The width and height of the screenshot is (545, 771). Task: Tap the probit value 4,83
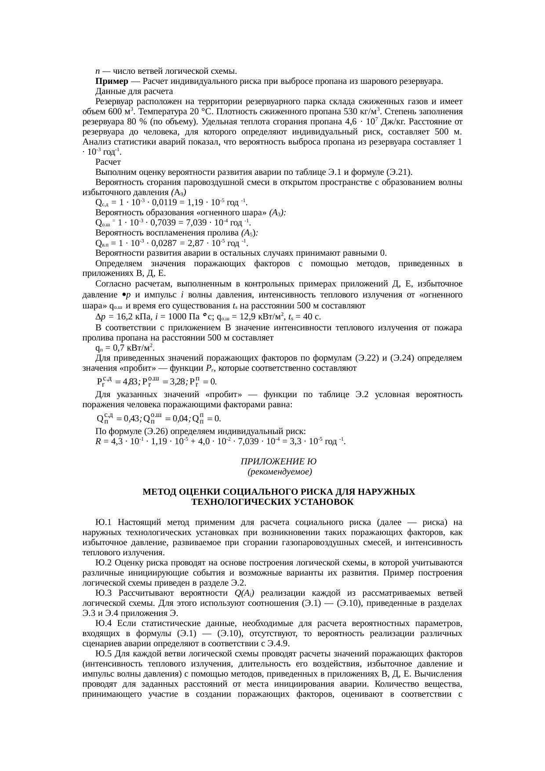click(x=130, y=381)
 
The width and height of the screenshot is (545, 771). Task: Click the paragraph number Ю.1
click(x=104, y=522)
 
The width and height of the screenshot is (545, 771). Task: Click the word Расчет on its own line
click(x=108, y=162)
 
